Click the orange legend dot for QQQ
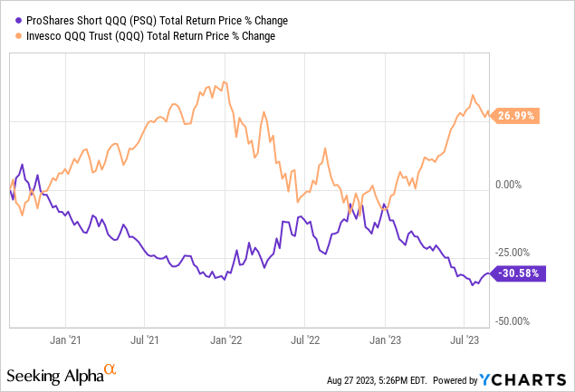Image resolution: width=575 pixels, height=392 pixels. coord(9,36)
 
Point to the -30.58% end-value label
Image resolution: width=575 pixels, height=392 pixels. coord(519,273)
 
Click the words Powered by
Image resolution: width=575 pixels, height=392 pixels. coord(474,379)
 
